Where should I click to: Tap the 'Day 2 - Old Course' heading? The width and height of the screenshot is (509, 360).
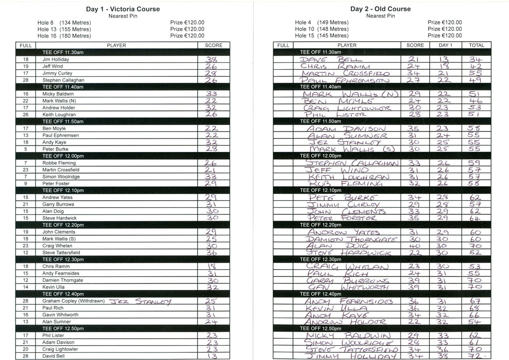click(380, 9)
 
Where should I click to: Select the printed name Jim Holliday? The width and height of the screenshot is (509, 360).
click(56, 59)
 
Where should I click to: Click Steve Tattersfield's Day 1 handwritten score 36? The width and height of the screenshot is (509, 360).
click(212, 253)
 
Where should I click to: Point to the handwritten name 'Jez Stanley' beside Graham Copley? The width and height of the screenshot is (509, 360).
click(139, 301)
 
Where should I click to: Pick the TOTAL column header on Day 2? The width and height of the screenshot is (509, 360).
click(476, 45)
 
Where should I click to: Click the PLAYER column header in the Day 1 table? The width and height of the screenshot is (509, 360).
click(116, 45)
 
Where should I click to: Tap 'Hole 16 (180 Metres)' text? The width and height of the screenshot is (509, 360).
click(64, 36)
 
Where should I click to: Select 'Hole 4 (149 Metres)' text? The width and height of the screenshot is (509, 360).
click(322, 22)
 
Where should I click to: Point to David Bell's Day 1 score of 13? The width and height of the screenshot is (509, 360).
click(212, 356)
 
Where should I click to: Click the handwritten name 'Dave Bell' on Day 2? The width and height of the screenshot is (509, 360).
click(331, 60)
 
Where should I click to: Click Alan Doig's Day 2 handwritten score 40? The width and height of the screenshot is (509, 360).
click(414, 246)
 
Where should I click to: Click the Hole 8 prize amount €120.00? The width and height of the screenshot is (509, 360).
click(187, 22)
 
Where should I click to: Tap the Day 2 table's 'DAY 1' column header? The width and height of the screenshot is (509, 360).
click(445, 45)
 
